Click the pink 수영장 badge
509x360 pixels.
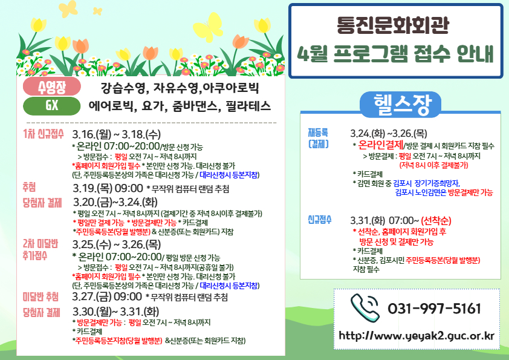point(51,87)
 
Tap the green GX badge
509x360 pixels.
point(51,105)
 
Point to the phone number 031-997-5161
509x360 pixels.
point(434,308)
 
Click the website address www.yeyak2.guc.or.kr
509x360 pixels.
point(417,335)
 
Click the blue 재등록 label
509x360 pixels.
point(317,132)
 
